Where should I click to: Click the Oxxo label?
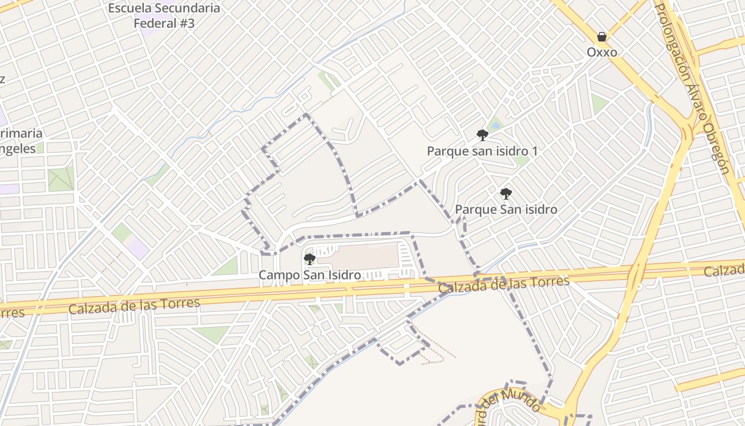pos(602,52)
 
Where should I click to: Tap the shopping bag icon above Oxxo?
pos(602,37)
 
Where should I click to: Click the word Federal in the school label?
pos(155,23)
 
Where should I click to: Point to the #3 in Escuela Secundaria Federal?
pos(186,23)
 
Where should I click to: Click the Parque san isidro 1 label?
pos(482,151)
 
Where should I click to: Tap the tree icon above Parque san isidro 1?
pos(483,135)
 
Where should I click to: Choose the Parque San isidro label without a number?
pos(506,209)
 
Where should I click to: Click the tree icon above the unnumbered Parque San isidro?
pos(506,194)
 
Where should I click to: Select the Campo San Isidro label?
pos(310,275)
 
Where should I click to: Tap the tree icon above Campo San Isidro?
pos(309,259)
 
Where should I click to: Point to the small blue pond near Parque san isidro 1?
pos(496,126)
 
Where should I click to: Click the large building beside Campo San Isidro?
pos(365,257)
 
